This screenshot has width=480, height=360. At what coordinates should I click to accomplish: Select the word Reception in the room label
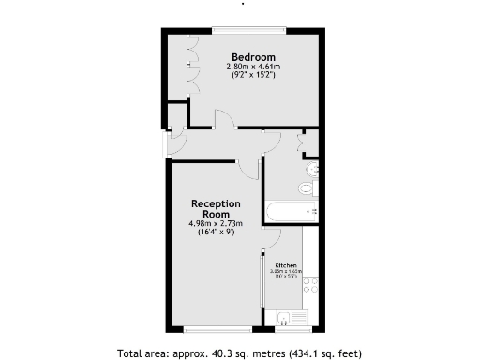[216, 203]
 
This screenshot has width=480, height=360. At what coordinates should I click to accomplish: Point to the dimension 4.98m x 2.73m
[216, 223]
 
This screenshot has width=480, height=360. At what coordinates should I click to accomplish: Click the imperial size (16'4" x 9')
[216, 232]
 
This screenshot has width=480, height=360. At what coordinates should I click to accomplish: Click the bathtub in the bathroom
[292, 212]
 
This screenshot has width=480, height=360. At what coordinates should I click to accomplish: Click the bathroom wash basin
[313, 170]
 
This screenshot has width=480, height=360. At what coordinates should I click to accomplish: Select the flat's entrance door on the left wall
[168, 143]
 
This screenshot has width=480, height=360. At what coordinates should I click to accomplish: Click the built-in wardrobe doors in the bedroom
[193, 66]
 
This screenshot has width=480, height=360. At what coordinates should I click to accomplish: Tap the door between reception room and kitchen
[271, 239]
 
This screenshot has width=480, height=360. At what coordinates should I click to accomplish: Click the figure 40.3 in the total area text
[228, 353]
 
